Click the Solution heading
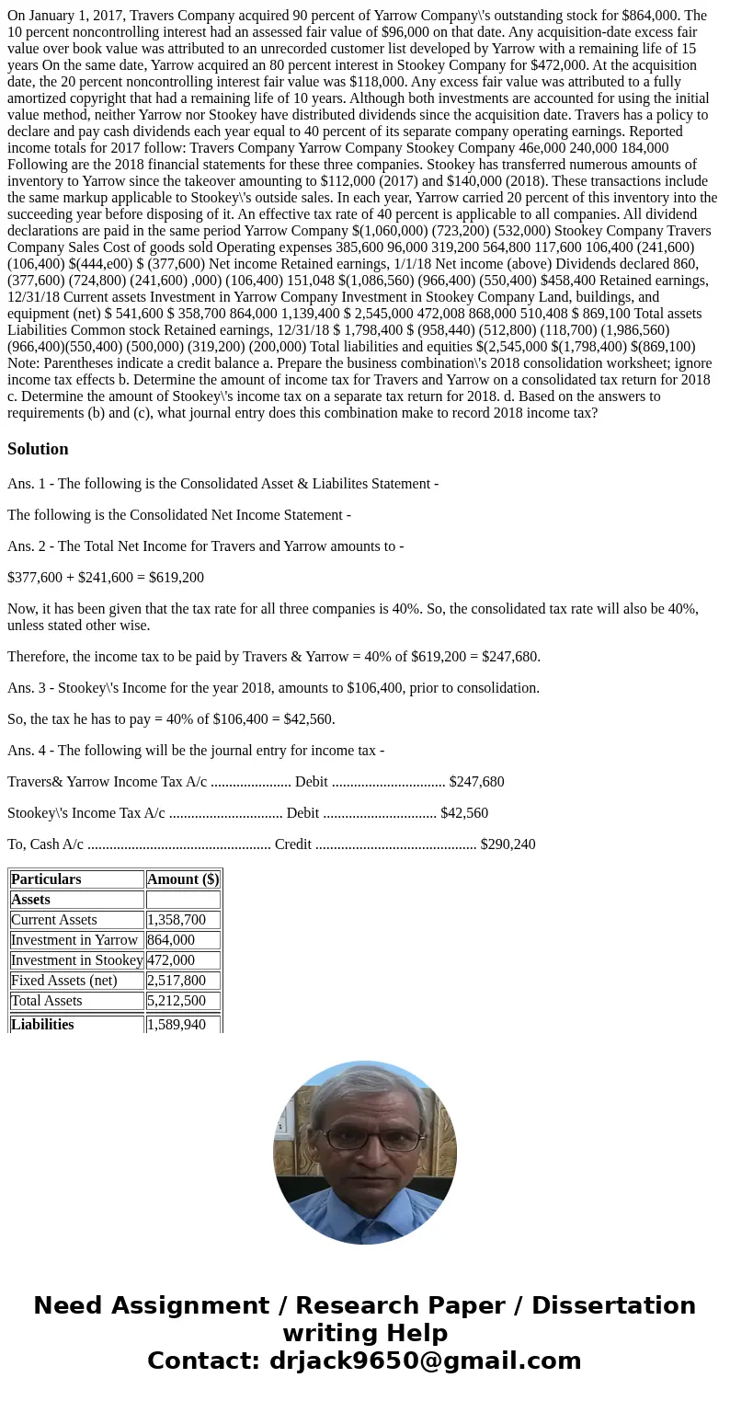coord(38,449)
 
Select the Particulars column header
coord(46,879)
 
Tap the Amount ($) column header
coord(183,879)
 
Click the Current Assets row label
coord(53,920)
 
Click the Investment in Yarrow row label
coord(74,940)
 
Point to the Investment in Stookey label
coord(77,960)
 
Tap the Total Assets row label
coord(46,1001)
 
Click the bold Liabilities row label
coord(42,1024)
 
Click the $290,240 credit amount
coord(508,844)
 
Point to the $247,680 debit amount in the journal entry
coord(476,782)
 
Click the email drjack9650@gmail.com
coord(425,1361)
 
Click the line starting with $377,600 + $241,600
coord(106,578)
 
